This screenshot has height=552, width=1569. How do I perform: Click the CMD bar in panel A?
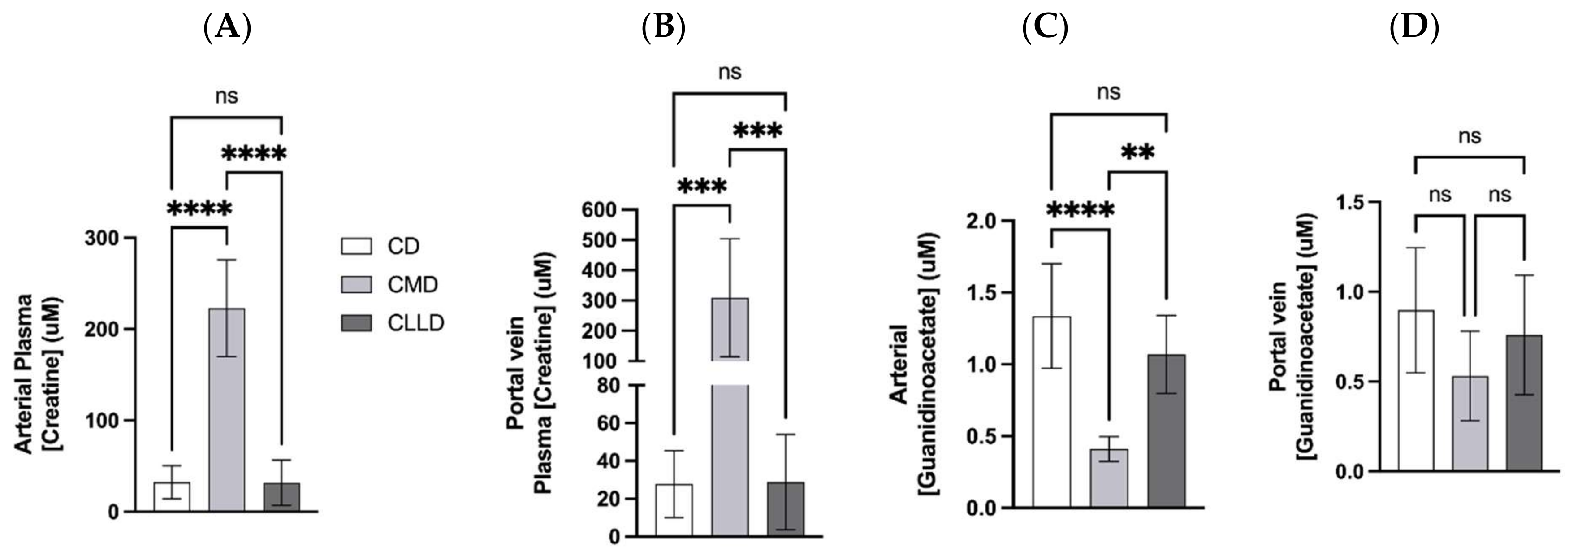coord(227,409)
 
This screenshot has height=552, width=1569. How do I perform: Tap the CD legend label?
coord(403,247)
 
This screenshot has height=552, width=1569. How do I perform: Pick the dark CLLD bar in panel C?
coord(1167,430)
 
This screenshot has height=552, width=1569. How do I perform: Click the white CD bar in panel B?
coord(674,510)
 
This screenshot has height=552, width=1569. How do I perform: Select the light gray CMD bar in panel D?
coord(1469,423)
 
